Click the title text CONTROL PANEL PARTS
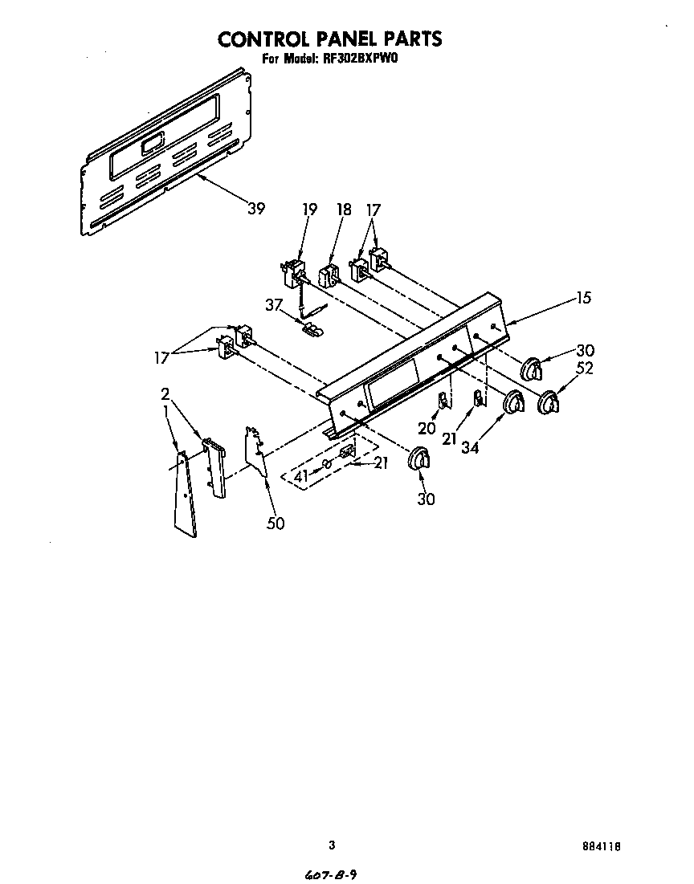[330, 38]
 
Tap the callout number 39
[255, 209]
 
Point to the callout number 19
[310, 210]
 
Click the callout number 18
[344, 210]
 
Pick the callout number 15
[584, 298]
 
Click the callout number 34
[470, 447]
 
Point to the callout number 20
[427, 428]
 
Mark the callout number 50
[275, 523]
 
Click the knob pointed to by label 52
[549, 403]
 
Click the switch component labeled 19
[293, 271]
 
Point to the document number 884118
[603, 846]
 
